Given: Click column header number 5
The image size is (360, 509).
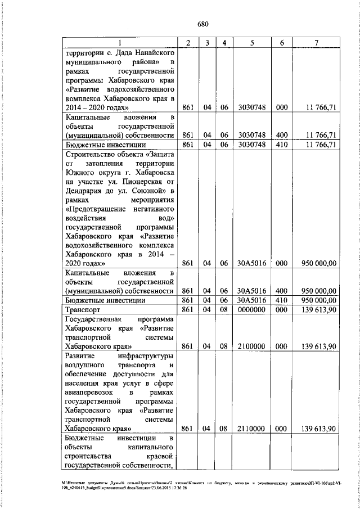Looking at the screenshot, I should point(251,43).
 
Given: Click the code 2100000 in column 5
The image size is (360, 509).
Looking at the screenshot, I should point(247,346).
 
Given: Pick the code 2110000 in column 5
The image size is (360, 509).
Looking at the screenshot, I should point(247,429).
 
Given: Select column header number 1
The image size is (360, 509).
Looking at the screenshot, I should point(120,43).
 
